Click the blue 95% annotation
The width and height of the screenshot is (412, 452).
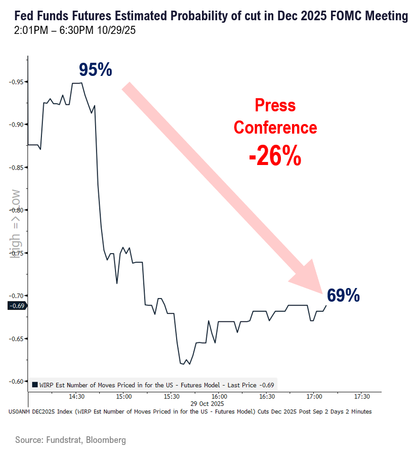click(95, 70)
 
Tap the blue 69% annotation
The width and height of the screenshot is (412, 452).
click(343, 295)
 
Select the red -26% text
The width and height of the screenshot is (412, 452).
click(275, 157)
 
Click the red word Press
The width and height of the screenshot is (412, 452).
click(275, 106)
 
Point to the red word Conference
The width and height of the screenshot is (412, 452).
click(275, 128)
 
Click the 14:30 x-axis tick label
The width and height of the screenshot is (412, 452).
click(76, 397)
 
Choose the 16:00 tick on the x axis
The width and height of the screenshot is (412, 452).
click(219, 397)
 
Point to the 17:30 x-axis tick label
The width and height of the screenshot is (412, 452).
click(362, 397)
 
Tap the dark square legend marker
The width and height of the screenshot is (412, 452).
click(34, 385)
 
